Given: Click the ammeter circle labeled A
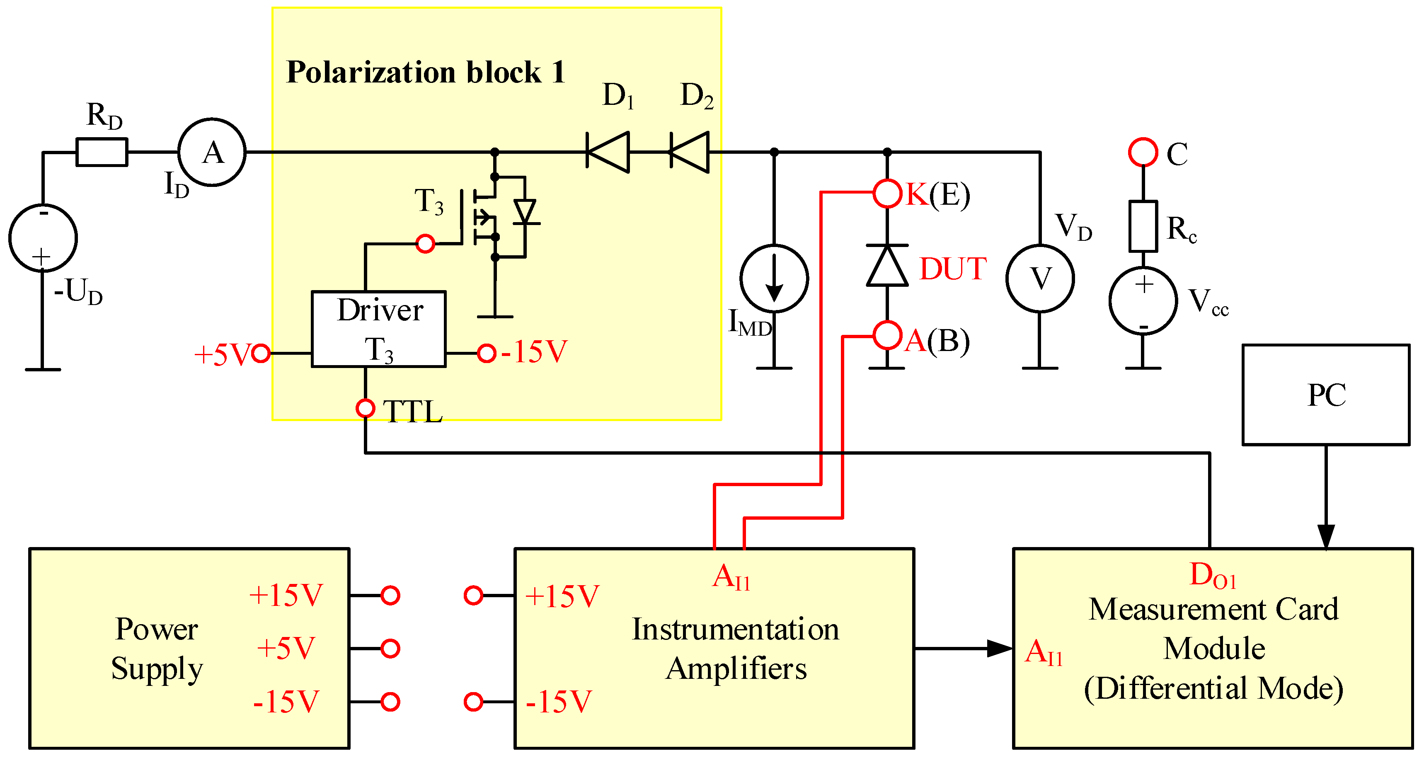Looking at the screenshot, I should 212,152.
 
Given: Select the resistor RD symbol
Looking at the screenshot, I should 102,152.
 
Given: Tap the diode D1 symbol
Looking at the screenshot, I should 608,152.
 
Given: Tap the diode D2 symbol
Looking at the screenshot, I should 690,152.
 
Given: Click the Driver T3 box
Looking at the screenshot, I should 379,329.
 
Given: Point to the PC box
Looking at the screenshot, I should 1326,395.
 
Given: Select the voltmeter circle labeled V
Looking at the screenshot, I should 1040,278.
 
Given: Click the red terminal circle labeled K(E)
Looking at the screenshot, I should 887,194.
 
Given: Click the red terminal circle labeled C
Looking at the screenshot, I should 1143,152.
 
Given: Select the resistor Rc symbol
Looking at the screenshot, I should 1143,227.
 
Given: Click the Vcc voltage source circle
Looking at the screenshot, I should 1143,301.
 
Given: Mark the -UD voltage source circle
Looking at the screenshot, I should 43,238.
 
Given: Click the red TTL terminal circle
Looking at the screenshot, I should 366,408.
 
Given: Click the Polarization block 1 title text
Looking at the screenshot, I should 425,73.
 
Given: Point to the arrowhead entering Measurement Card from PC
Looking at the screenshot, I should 1326,536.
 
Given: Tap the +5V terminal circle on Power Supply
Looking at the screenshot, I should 390,649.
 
